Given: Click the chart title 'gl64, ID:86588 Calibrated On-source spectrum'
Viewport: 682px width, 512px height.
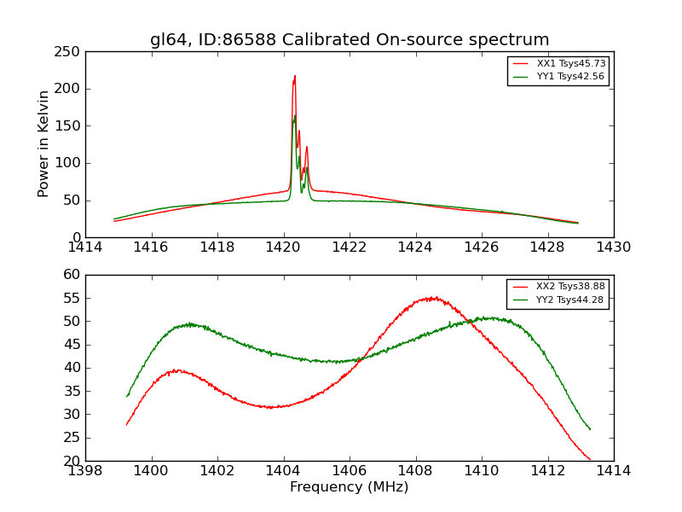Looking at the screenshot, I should tap(350, 40).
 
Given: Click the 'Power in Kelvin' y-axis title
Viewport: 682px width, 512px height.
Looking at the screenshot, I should tap(43, 144).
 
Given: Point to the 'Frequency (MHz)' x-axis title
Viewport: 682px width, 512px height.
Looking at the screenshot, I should tap(350, 487).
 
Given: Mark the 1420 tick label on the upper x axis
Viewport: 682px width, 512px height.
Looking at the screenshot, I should tap(283, 247).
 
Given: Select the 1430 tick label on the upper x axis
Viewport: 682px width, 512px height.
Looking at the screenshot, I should tap(614, 247).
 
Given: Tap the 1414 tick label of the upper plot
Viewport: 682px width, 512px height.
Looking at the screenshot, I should tap(85, 247).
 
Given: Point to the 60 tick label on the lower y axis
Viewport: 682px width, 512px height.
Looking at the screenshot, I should tap(72, 275).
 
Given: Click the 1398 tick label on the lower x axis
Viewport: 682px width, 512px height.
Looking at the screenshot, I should tap(85, 471).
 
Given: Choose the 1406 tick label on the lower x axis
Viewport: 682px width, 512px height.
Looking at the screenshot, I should tap(350, 471).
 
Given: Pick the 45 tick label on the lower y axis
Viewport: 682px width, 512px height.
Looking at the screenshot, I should tap(72, 345).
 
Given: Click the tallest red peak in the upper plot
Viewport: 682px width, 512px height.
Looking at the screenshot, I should tap(295, 76).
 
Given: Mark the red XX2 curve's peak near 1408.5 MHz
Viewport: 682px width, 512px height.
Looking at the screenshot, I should tap(432, 298).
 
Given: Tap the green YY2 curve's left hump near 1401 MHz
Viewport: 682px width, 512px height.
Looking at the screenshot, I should tap(189, 324).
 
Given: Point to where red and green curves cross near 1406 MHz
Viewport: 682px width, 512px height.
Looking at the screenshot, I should tap(356, 359).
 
